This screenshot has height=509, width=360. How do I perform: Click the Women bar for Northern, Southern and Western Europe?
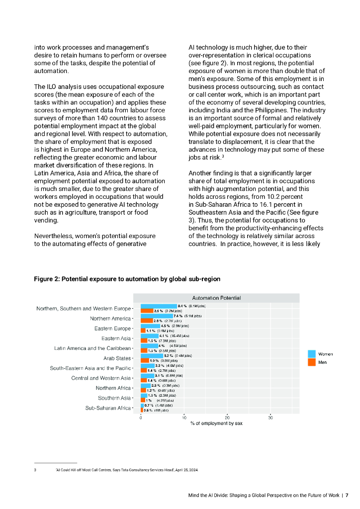coord(159,306)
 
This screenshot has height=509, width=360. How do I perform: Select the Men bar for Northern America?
coord(147,321)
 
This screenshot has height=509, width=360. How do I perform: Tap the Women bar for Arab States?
coord(152,355)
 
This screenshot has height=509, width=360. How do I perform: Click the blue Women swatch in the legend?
coord(312,354)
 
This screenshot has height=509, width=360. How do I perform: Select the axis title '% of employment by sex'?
coord(216,424)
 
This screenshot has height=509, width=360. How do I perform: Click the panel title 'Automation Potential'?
coord(216,298)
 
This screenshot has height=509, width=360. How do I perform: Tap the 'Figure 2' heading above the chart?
coord(127,279)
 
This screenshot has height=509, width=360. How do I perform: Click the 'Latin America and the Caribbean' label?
coord(92,348)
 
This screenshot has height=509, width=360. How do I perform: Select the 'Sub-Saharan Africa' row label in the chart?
coord(107,408)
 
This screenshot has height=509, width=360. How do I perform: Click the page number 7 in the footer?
coord(347,495)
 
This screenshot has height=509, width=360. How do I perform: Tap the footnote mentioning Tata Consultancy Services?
coord(126,469)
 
